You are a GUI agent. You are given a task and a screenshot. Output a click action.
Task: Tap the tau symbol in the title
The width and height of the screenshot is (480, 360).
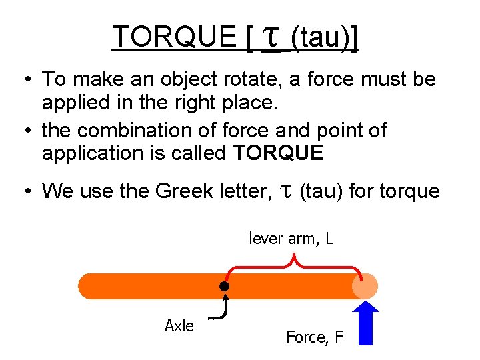click(x=270, y=39)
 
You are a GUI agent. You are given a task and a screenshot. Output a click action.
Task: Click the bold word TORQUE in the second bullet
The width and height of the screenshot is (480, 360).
click(x=279, y=154)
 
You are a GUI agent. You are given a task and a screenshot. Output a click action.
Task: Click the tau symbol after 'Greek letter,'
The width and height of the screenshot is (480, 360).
click(x=285, y=192)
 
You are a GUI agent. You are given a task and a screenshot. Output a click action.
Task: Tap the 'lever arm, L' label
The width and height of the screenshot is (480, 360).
click(x=291, y=238)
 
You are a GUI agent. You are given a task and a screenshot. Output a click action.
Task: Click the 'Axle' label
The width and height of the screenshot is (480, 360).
click(x=179, y=326)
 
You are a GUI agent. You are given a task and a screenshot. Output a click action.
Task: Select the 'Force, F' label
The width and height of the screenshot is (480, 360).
click(x=315, y=337)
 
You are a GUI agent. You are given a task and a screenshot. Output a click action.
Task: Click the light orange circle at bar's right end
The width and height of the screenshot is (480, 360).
click(x=365, y=286)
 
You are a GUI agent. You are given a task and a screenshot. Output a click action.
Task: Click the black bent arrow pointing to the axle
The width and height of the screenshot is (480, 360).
click(x=223, y=309)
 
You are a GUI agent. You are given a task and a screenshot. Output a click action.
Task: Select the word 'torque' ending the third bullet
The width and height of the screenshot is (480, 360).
click(x=409, y=192)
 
